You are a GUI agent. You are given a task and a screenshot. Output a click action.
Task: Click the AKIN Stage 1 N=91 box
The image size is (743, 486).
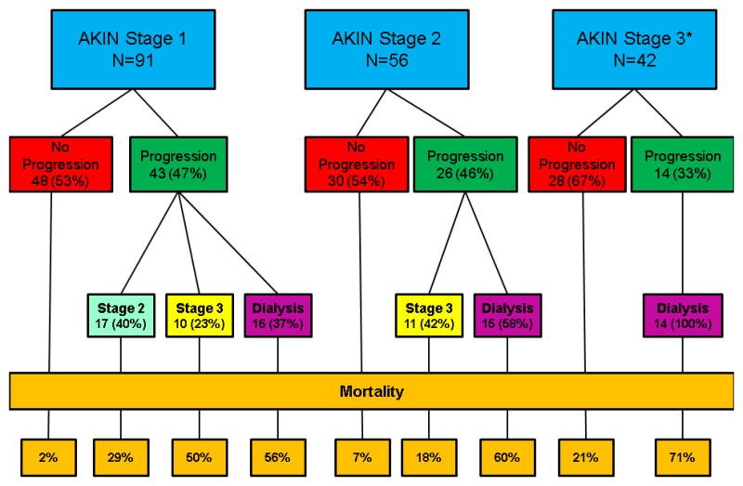pos(133,49)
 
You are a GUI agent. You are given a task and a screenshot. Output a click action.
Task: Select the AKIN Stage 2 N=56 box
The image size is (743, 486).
pos(386,49)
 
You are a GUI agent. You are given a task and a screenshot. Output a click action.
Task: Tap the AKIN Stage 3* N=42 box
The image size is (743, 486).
pos(634,49)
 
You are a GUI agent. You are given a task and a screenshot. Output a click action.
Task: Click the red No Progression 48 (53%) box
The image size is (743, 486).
pos(61,164)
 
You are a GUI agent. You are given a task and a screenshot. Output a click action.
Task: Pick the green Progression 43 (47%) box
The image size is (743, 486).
pos(178,164)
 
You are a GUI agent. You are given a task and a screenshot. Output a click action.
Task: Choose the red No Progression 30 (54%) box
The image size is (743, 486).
pos(357,164)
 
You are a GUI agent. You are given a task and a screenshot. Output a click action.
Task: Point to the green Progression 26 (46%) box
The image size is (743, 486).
pos(465,164)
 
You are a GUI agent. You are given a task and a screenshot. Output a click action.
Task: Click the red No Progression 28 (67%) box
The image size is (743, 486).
pos(577,164)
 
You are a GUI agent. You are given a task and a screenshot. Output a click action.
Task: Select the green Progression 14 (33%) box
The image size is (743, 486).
pos(683,164)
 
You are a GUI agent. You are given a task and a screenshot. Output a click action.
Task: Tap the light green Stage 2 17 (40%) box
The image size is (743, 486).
pos(121,316)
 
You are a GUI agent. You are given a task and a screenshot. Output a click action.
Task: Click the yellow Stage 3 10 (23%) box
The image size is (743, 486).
pos(200,316)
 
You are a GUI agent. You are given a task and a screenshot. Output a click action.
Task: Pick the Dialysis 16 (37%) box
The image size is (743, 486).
pos(278,316)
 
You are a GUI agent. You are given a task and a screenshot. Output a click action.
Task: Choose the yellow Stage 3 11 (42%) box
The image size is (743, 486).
pos(429,316)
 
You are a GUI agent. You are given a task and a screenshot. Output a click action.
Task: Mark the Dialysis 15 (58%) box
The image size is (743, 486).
pos(507,316)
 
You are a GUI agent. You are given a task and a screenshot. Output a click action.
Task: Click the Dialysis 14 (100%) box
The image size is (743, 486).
pos(683,316)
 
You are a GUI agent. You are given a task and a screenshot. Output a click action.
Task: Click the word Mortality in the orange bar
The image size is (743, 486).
pos(372,391)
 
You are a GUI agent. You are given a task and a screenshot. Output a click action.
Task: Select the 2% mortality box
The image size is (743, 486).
pos(48,457)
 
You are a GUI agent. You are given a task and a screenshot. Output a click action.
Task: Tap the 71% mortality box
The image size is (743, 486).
pos(683,457)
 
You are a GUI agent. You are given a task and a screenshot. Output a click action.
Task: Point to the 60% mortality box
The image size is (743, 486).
pos(507,457)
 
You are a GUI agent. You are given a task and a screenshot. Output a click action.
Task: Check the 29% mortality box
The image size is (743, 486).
pos(121,457)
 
